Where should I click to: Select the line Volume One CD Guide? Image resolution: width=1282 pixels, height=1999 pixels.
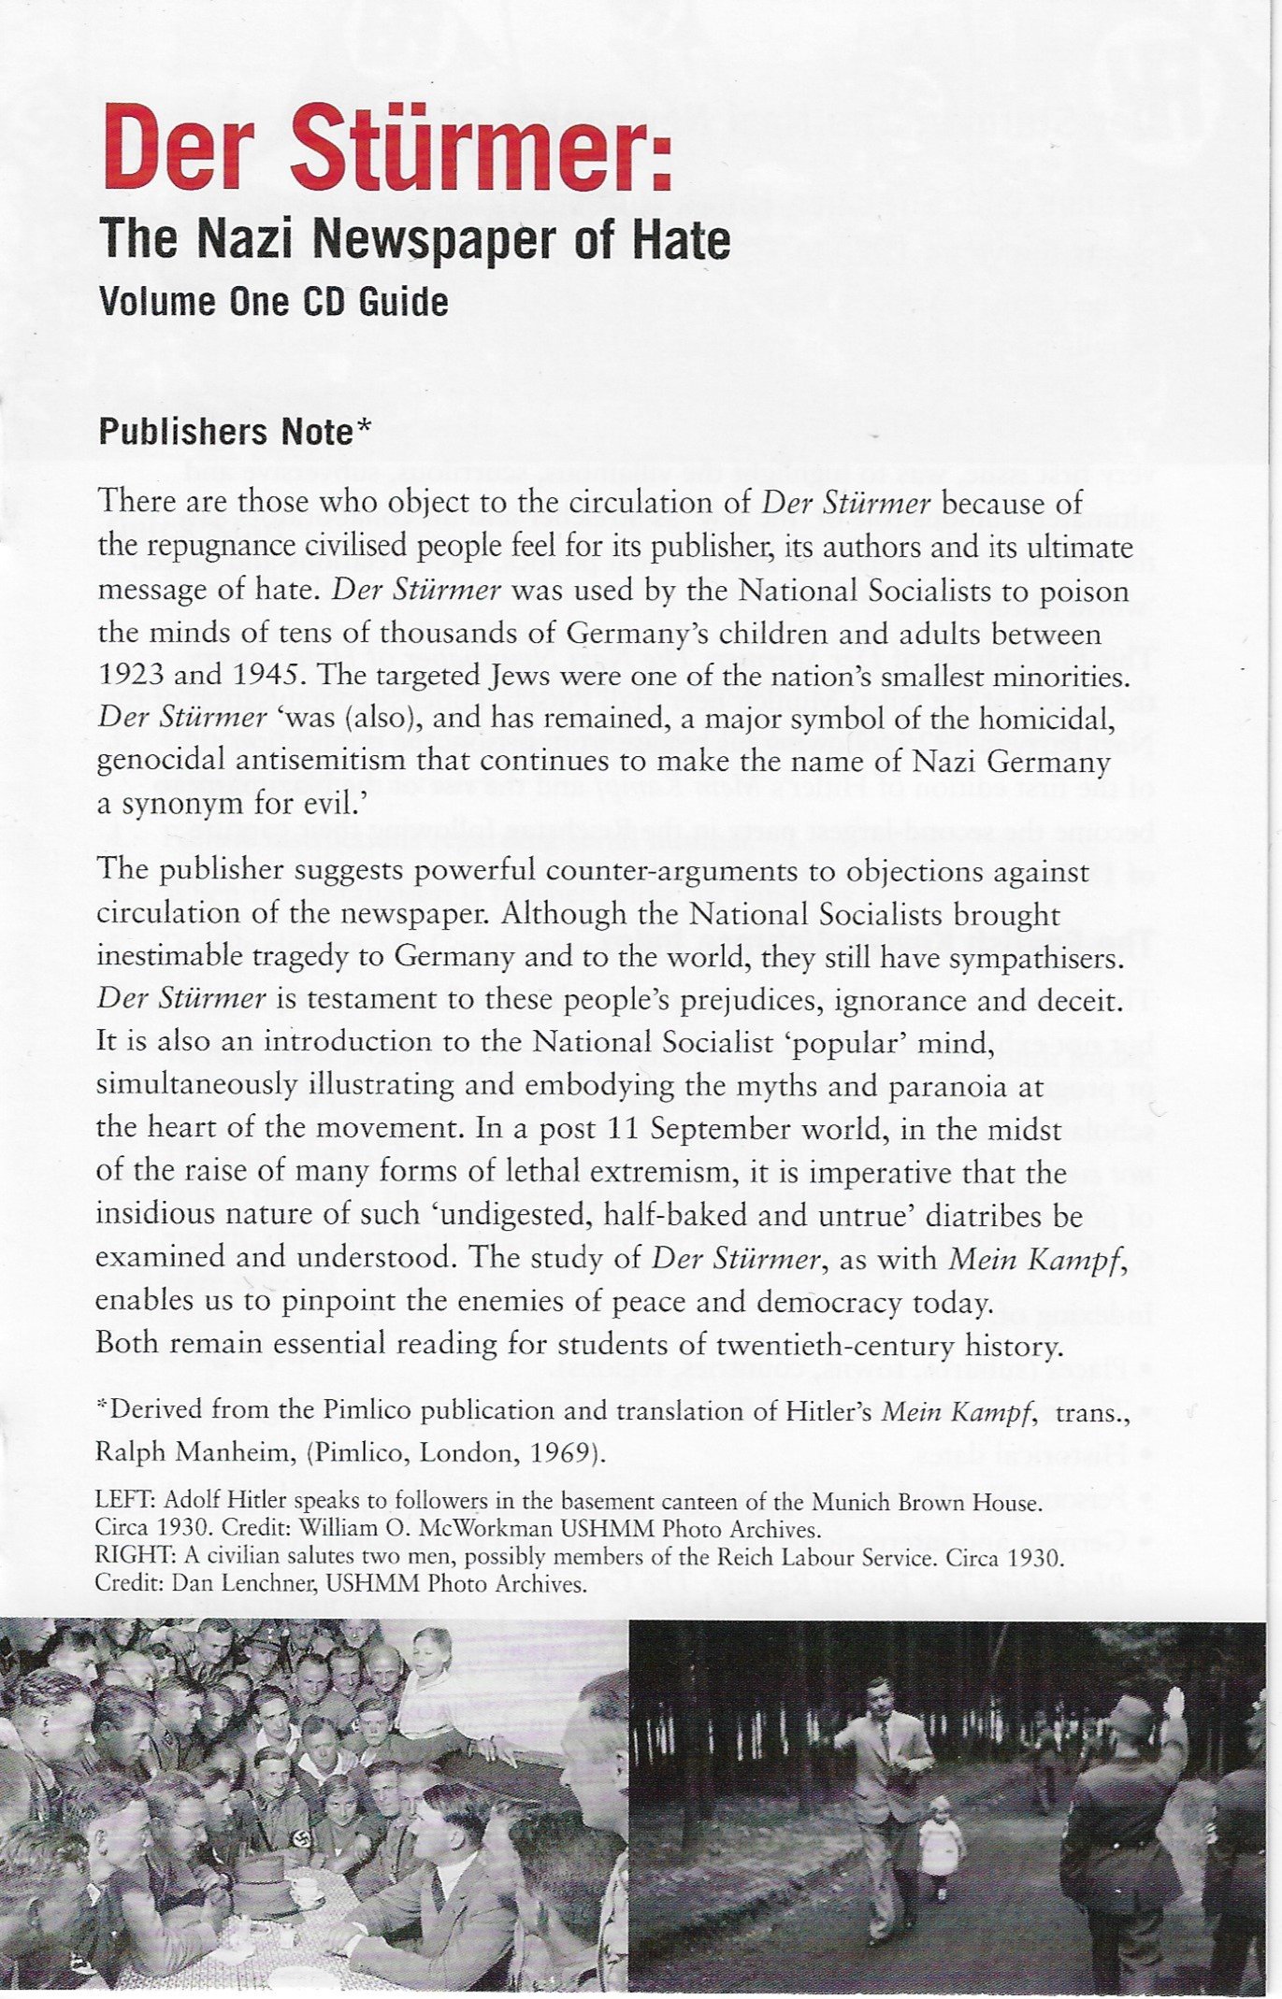point(273,302)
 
